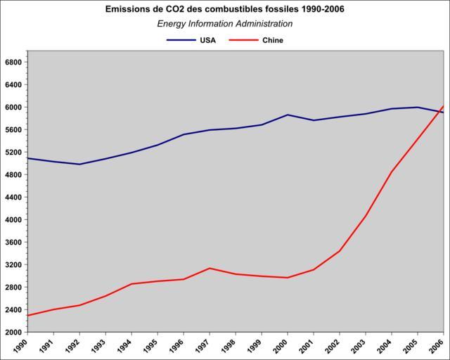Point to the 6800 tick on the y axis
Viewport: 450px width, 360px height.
tap(14, 62)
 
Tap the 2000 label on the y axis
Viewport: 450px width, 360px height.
tap(14, 332)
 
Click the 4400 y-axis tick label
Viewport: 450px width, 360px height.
tap(14, 197)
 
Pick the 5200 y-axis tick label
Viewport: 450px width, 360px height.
tap(14, 152)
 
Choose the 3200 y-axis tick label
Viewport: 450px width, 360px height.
tap(14, 264)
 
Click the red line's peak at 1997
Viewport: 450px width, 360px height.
tap(210, 268)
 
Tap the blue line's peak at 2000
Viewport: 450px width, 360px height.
tap(288, 115)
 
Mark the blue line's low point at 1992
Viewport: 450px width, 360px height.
tap(79, 165)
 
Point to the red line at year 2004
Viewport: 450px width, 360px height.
tap(392, 172)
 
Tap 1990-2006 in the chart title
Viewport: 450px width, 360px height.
tap(320, 9)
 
